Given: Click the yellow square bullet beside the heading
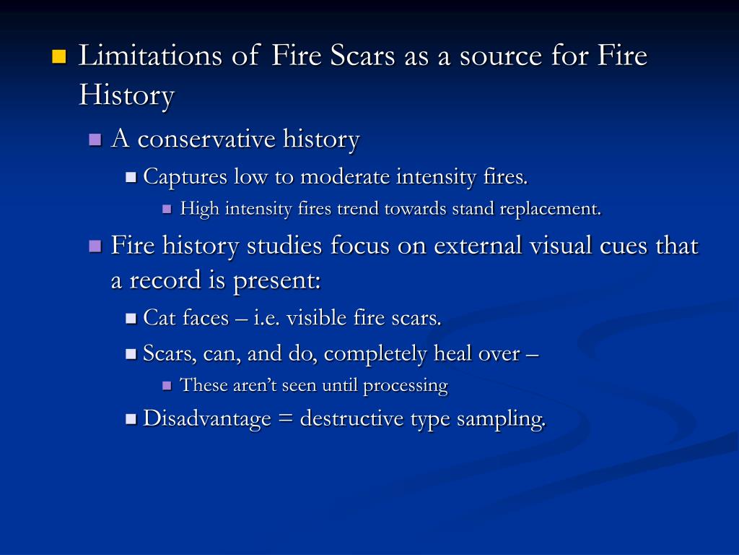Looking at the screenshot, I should pyautogui.click(x=59, y=56).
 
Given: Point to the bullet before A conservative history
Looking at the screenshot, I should pyautogui.click(x=95, y=139).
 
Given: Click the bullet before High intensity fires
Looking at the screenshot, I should pyautogui.click(x=167, y=210).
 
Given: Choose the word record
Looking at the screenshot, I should pyautogui.click(x=167, y=280).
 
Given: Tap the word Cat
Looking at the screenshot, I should pyautogui.click(x=159, y=317).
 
